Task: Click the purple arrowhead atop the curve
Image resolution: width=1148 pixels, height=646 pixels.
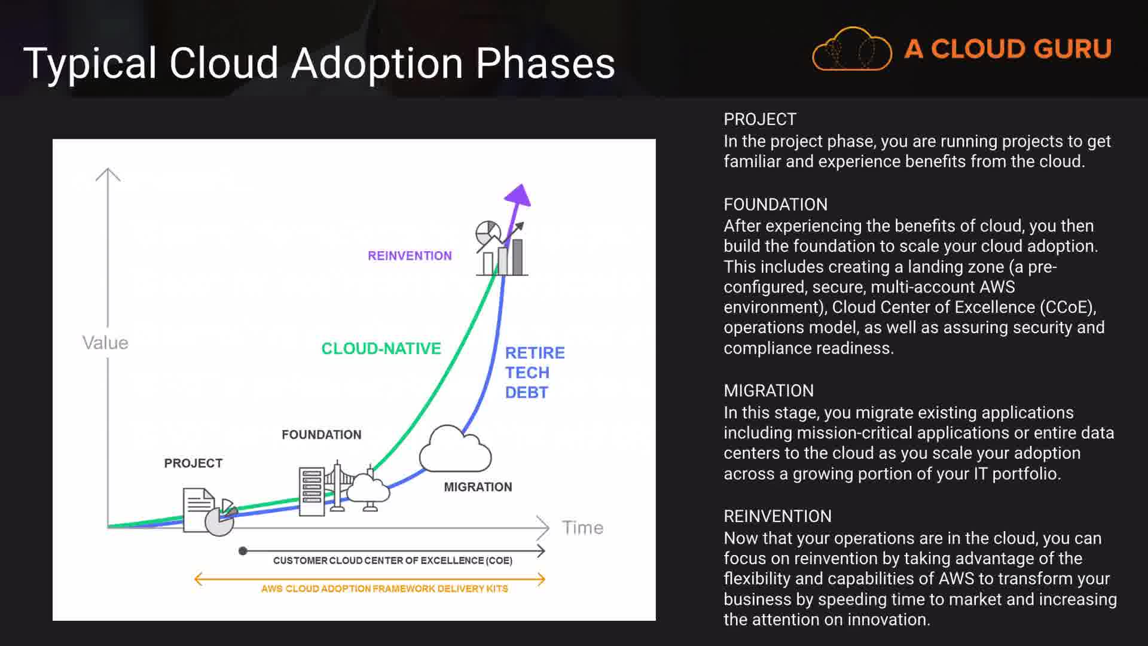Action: click(x=518, y=196)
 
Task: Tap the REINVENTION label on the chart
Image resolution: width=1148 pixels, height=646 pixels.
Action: click(x=410, y=256)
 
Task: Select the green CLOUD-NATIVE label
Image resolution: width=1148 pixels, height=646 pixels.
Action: click(x=381, y=349)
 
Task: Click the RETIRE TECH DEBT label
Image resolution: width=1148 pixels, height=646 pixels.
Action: click(x=535, y=373)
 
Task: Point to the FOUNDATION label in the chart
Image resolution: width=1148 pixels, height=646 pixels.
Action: click(x=322, y=435)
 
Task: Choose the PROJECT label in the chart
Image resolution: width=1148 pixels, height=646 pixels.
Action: click(x=193, y=464)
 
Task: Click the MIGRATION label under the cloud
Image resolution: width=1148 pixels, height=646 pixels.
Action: click(x=478, y=487)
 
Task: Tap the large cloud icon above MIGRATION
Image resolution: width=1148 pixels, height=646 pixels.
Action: click(x=456, y=449)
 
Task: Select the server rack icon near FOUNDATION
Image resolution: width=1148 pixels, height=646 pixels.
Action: click(x=312, y=491)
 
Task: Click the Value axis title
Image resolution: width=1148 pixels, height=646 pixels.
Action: click(x=105, y=343)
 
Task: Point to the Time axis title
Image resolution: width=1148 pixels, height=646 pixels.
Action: click(x=582, y=528)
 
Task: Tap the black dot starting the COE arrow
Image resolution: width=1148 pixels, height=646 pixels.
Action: click(x=243, y=551)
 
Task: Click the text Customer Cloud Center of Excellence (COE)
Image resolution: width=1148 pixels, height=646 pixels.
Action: click(x=393, y=560)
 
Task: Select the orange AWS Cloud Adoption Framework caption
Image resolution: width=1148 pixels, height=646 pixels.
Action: click(x=384, y=589)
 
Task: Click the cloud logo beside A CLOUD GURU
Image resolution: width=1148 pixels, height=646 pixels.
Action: click(x=852, y=48)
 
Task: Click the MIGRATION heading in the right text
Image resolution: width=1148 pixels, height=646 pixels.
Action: click(x=768, y=391)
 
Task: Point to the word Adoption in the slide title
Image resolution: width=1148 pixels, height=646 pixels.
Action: click(x=377, y=64)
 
